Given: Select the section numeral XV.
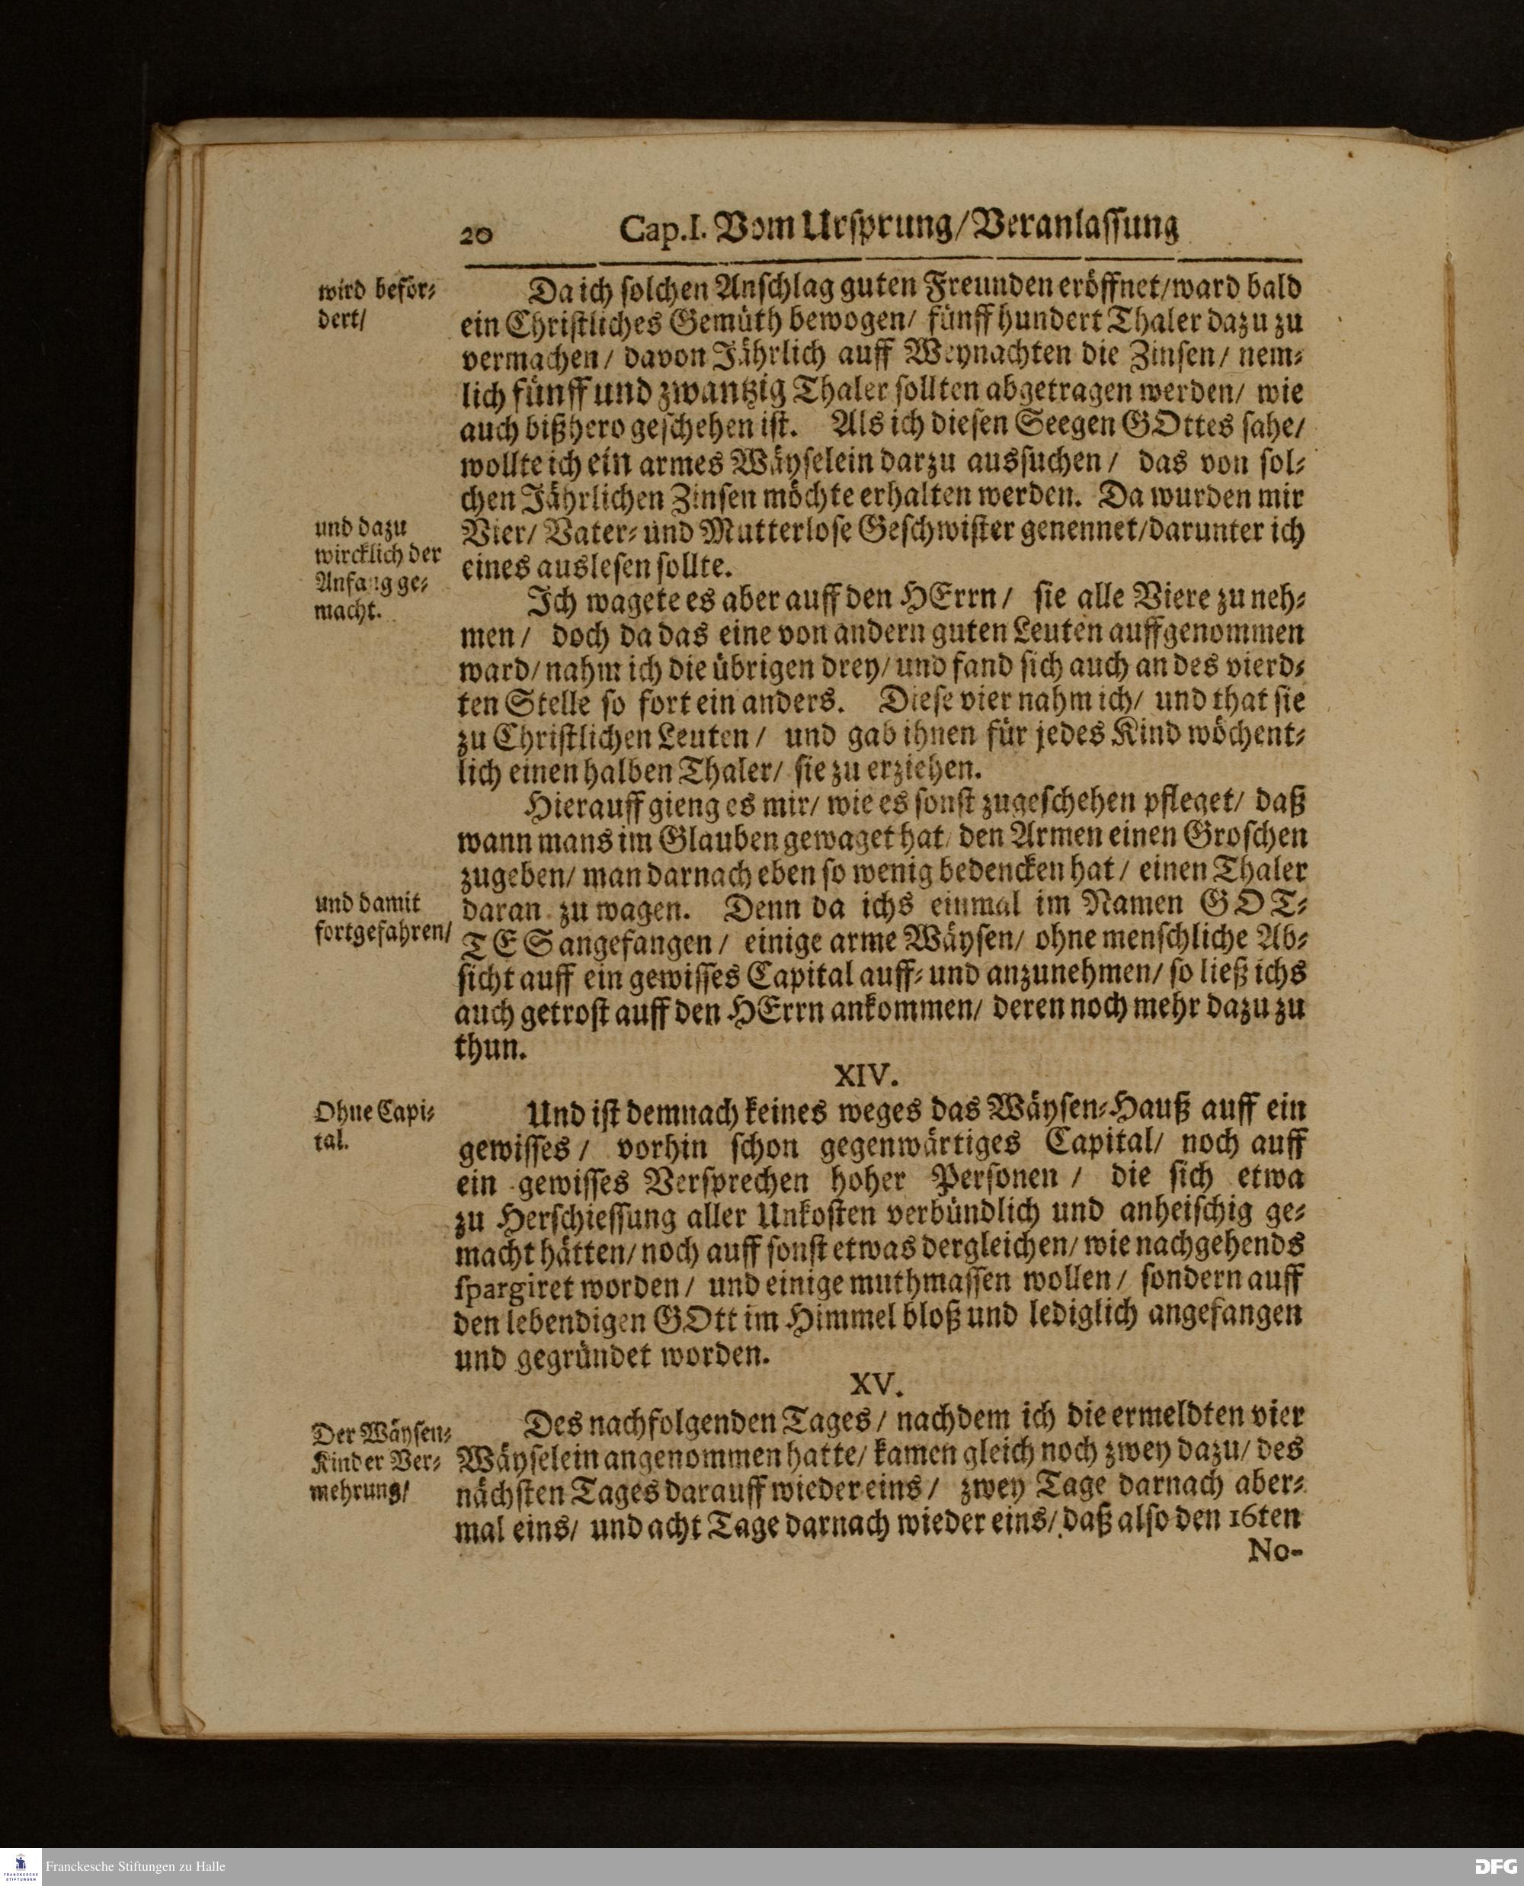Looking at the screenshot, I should [x=876, y=1384].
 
